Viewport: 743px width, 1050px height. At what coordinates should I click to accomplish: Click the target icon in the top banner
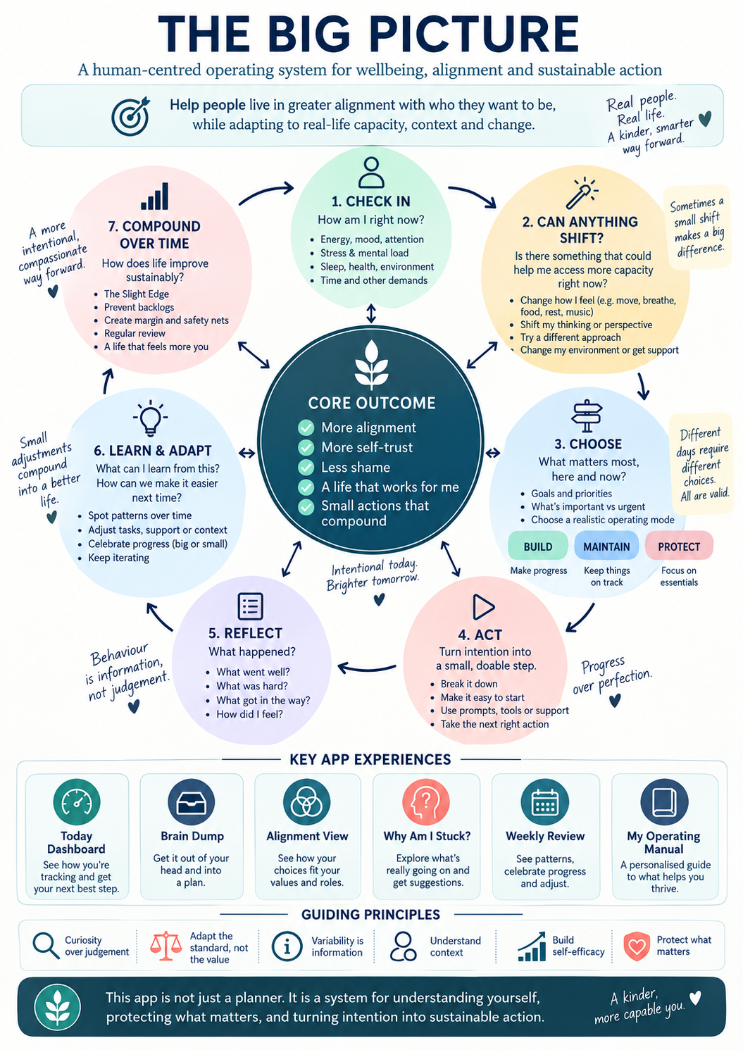click(131, 115)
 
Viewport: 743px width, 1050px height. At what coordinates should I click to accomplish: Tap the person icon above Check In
click(371, 173)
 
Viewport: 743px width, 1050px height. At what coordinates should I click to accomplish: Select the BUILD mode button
click(537, 546)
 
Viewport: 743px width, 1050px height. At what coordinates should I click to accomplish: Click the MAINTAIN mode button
click(606, 546)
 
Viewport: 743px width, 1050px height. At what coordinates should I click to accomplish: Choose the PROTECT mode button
click(679, 546)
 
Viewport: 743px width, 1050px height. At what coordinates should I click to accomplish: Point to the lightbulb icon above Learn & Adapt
click(151, 417)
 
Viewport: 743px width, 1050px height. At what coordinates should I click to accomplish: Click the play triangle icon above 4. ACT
click(483, 607)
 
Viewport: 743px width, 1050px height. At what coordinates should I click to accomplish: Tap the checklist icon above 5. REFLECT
click(250, 606)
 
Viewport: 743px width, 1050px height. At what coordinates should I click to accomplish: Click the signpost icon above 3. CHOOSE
click(587, 415)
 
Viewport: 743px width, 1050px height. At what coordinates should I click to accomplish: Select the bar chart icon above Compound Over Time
click(154, 196)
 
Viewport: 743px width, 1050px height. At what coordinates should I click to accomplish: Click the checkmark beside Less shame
click(306, 468)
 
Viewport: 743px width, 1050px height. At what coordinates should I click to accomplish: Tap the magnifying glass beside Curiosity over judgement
click(46, 946)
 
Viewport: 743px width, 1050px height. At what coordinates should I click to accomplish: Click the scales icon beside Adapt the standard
click(166, 946)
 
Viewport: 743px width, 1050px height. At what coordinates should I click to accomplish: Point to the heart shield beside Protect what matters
click(637, 946)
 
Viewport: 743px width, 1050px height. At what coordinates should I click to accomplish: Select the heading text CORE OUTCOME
click(372, 403)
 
